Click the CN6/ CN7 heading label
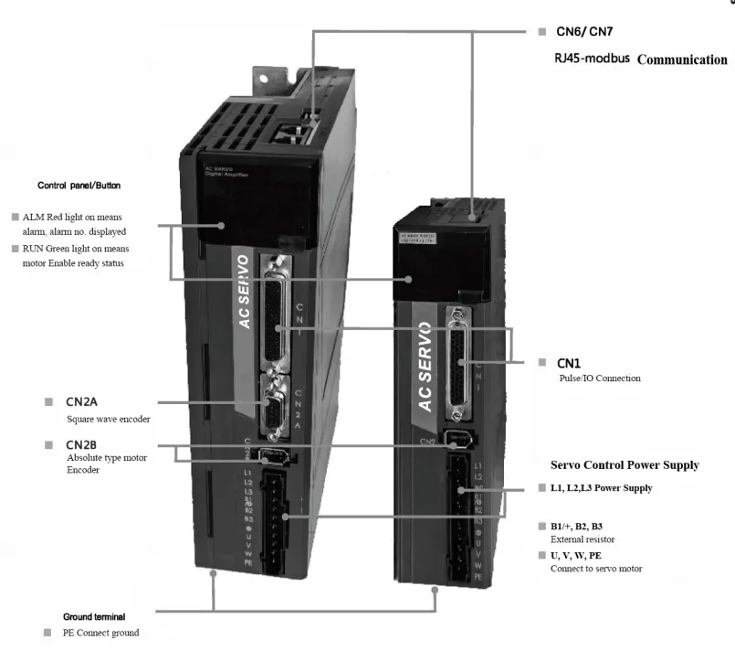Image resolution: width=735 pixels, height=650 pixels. (x=584, y=32)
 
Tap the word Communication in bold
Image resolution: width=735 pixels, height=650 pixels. (x=681, y=60)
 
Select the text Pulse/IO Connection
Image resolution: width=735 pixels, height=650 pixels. (x=599, y=378)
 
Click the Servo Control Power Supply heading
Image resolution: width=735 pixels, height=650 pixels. (x=625, y=465)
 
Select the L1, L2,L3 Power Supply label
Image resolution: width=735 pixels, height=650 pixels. (x=601, y=488)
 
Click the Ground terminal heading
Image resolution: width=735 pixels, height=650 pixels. (x=94, y=617)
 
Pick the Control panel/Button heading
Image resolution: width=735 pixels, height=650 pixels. (x=79, y=186)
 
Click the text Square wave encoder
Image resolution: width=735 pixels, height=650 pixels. (x=108, y=420)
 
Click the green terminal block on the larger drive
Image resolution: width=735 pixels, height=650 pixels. (x=273, y=516)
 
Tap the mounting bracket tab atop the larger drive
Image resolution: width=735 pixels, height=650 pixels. (x=277, y=77)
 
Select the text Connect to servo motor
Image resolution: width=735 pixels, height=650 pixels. (x=595, y=569)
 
